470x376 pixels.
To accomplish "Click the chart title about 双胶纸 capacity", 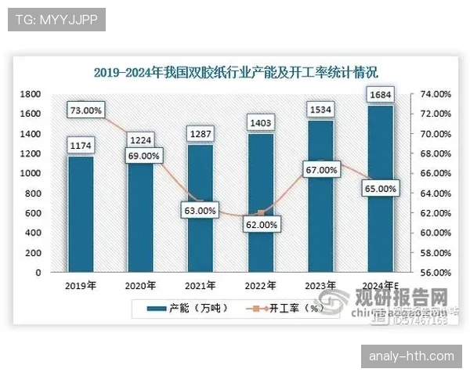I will [x=236, y=73].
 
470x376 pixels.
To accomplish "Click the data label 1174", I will [x=81, y=145].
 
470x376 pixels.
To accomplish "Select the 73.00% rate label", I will [x=85, y=110].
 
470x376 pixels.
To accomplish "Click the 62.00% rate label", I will [x=261, y=225].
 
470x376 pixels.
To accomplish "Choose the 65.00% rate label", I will [x=381, y=189].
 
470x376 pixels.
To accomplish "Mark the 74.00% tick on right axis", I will [x=430, y=94].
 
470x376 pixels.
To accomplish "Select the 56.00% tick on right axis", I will [x=430, y=273].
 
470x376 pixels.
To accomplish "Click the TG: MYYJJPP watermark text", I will [x=56, y=20].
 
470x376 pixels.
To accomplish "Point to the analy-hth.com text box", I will [x=411, y=356].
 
